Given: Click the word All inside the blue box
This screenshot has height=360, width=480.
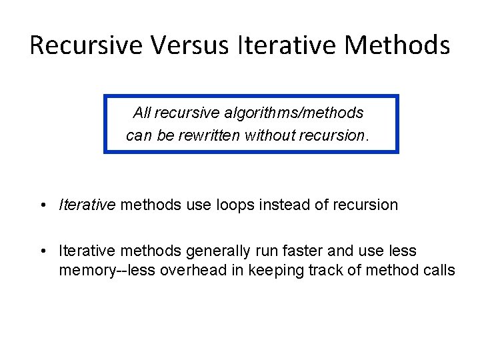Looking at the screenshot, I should click(142, 113).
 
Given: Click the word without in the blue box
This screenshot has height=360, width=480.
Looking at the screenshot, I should click(270, 136).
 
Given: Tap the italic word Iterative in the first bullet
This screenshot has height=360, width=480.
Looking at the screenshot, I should click(87, 205).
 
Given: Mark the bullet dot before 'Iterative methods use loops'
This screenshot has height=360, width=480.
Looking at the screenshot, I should click(43, 205).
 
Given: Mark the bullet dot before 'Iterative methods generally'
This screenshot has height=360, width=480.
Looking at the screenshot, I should click(43, 252).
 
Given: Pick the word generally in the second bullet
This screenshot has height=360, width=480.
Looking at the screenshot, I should click(214, 251).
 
